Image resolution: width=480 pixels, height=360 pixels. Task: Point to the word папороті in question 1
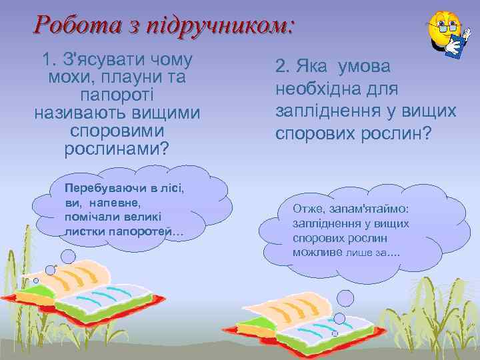[x=117, y=95]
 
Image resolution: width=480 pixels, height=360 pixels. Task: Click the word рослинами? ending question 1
[x=117, y=148]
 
